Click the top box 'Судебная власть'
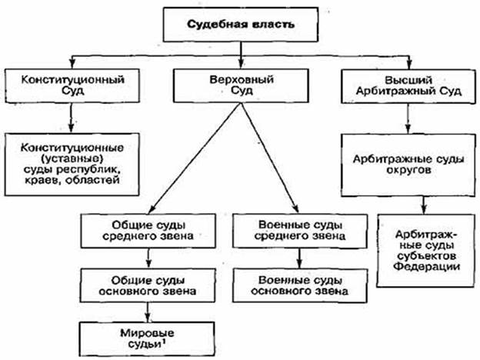click(x=240, y=23)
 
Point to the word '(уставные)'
click(x=72, y=157)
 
